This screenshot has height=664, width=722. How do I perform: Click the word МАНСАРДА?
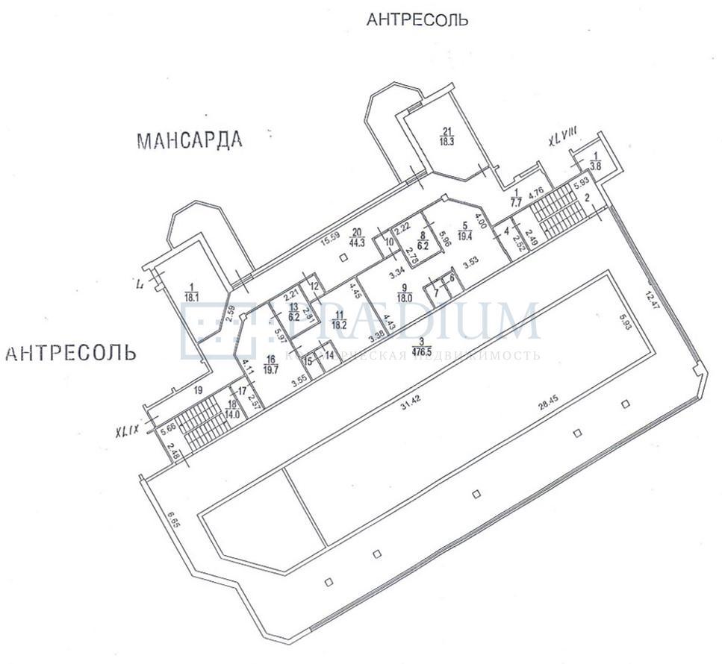pos(190,140)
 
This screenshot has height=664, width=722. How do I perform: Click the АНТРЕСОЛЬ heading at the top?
pos(417,20)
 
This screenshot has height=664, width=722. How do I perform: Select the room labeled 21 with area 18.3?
pos(448,135)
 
